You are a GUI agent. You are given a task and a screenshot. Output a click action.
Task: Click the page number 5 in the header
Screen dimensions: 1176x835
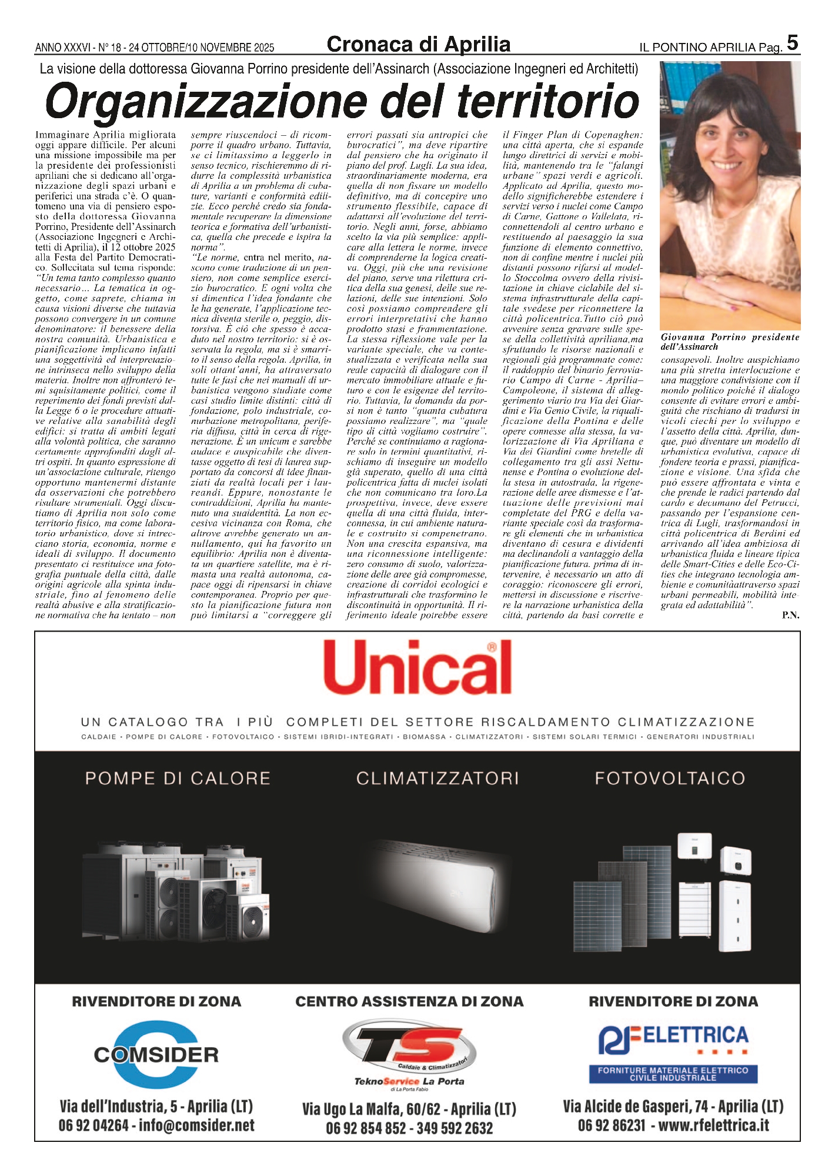click(792, 43)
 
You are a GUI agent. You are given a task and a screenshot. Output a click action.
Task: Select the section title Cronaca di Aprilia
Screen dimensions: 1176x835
click(418, 45)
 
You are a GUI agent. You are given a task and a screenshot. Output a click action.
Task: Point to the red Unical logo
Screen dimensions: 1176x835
click(417, 667)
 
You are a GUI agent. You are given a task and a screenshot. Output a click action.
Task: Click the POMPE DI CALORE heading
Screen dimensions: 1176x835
click(178, 779)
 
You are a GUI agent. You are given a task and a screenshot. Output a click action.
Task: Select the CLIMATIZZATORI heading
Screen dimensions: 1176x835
click(437, 779)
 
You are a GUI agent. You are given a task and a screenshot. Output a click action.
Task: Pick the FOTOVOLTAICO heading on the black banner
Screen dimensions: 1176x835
click(670, 779)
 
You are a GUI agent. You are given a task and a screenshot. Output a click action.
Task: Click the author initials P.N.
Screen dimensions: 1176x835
click(790, 615)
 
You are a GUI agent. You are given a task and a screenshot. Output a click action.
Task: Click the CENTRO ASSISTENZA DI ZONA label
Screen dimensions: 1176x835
click(409, 1001)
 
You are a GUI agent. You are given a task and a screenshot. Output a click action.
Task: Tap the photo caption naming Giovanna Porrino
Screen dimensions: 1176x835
click(730, 342)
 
